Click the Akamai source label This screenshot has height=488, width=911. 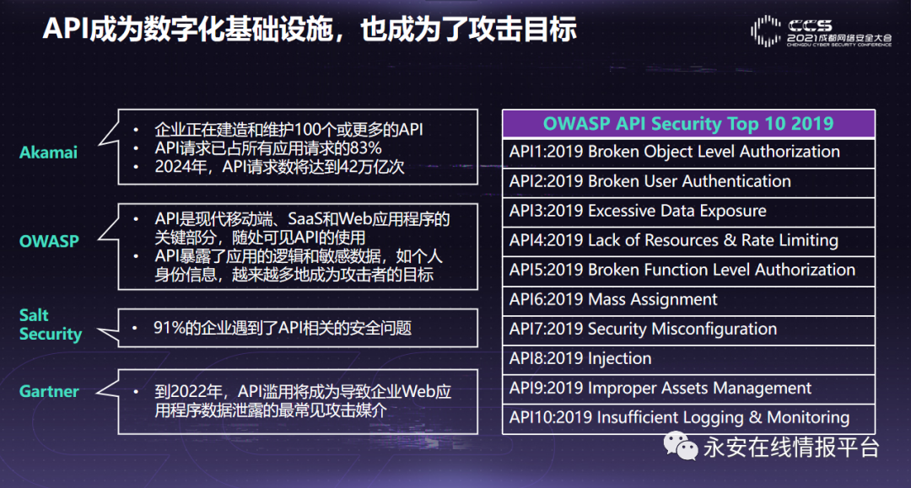48,153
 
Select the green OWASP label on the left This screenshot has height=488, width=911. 49,241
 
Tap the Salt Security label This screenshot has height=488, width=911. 51,324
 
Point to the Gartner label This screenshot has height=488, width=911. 49,392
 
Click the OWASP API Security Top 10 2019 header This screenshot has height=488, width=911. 688,124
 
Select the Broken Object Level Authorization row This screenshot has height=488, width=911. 688,153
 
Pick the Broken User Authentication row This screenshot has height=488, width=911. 688,182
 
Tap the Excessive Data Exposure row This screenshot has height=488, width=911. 688,212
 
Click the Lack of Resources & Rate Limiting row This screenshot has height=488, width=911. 688,241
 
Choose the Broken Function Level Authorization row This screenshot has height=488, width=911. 688,271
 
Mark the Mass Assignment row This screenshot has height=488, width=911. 688,301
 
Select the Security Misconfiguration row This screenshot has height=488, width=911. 688,330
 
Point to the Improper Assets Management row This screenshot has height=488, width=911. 688,389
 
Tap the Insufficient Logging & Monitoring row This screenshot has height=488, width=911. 688,419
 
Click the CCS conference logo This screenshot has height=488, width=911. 821,31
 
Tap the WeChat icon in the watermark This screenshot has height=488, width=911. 681,446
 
